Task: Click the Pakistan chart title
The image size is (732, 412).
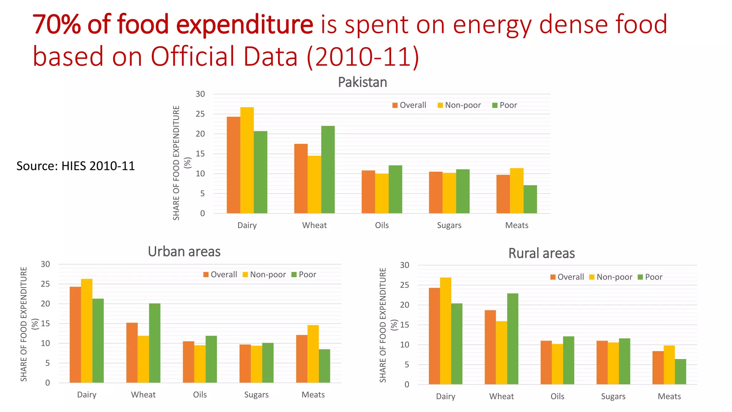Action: [x=362, y=83]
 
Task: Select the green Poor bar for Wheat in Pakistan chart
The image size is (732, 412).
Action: [x=328, y=170]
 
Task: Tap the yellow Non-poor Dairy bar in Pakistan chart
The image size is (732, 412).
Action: [x=247, y=160]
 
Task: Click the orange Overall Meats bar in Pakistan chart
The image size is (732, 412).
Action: [x=503, y=194]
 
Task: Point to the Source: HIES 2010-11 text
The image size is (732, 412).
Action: [x=75, y=166]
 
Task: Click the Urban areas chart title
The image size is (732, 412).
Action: [x=184, y=252]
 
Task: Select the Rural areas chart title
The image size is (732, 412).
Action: [x=541, y=254]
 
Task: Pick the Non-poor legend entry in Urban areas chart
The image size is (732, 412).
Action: [x=264, y=275]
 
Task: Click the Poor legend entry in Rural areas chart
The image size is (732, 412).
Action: [x=650, y=277]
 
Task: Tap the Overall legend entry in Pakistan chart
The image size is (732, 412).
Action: [x=409, y=105]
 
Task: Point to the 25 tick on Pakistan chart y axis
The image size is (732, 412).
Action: [x=200, y=114]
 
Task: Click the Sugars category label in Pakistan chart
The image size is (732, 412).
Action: [x=449, y=225]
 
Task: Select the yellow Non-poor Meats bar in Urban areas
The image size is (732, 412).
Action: [x=313, y=354]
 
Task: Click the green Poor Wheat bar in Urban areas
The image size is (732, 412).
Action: [x=154, y=343]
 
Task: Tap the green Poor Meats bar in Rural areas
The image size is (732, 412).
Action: [x=680, y=372]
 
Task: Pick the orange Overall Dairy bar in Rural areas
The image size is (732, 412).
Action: [x=434, y=336]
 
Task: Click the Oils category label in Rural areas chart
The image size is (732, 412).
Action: [x=557, y=397]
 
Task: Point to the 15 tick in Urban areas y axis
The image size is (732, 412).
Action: [x=45, y=324]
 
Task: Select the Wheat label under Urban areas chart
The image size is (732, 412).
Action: [x=143, y=395]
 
